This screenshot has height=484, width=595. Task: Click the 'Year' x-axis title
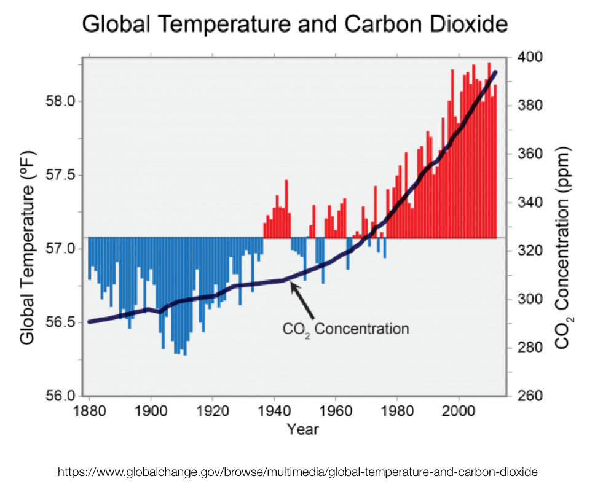(x=303, y=429)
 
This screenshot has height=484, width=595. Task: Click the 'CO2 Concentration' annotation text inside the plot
(x=345, y=329)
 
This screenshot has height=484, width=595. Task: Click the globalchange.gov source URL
(x=297, y=472)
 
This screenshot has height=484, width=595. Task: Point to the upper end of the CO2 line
(x=495, y=72)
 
